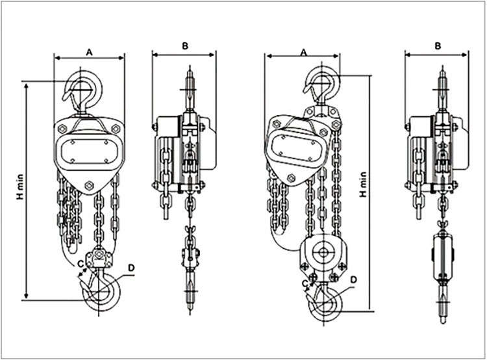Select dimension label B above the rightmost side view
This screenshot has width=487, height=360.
coord(438,45)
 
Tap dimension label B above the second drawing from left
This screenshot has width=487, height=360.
coord(184,45)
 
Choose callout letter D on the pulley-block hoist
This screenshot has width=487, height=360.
coord(353,280)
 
